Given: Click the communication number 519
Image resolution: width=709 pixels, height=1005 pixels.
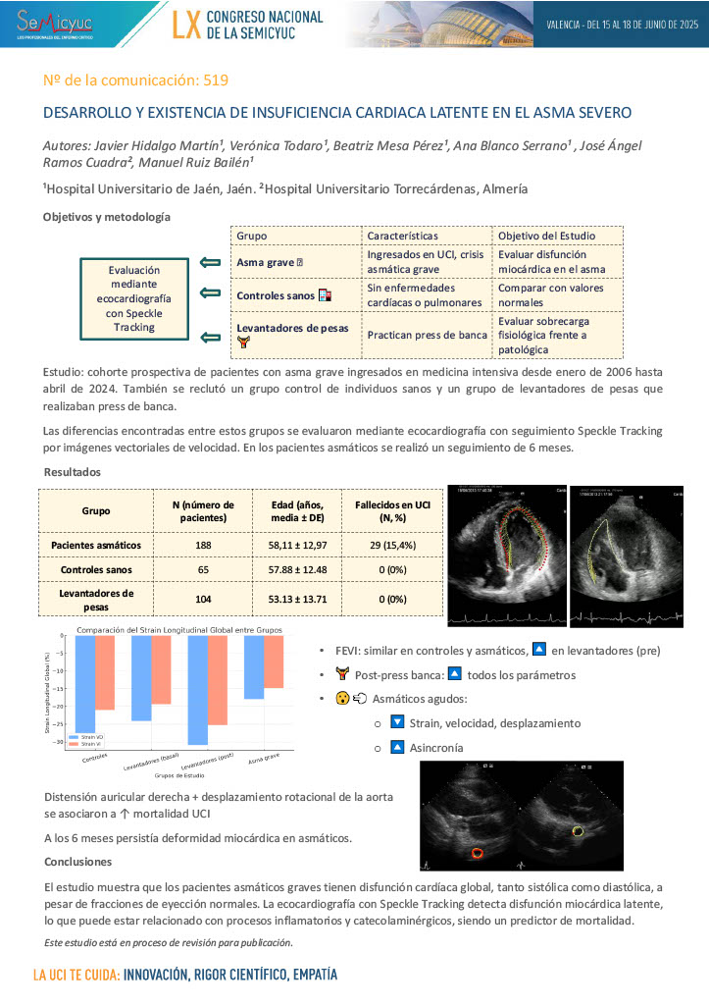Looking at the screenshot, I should pyautogui.click(x=217, y=79).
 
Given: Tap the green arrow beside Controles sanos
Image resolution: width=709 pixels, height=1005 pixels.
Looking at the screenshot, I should pyautogui.click(x=210, y=292).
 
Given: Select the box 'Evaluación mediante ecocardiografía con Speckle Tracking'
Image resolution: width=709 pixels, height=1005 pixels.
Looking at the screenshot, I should pyautogui.click(x=133, y=298).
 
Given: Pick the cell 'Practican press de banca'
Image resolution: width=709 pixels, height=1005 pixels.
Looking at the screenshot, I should pyautogui.click(x=427, y=335).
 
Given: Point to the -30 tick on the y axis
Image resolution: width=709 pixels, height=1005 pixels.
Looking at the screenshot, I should pyautogui.click(x=61, y=742).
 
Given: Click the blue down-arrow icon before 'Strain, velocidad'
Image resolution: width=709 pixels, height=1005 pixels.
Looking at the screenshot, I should pyautogui.click(x=397, y=722).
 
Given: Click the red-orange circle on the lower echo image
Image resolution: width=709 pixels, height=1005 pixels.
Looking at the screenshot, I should pyautogui.click(x=479, y=852).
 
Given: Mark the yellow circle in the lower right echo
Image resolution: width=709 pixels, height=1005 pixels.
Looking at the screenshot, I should pyautogui.click(x=579, y=832).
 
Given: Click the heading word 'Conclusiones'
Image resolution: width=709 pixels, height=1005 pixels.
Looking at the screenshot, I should pyautogui.click(x=77, y=862).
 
